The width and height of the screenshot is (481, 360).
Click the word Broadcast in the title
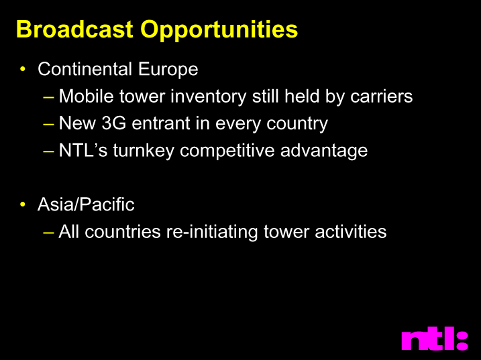click(x=74, y=29)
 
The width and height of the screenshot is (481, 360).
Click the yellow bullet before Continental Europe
click(x=23, y=68)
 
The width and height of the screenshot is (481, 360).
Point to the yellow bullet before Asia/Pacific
click(x=23, y=204)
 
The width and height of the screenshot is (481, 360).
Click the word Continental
click(x=85, y=69)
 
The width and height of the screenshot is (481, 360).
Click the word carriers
click(x=382, y=97)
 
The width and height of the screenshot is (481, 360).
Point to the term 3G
click(x=113, y=123)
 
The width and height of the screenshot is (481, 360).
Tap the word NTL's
click(x=83, y=150)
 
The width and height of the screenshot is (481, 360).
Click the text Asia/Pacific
click(x=86, y=204)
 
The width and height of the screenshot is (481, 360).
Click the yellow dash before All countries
click(x=48, y=233)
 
